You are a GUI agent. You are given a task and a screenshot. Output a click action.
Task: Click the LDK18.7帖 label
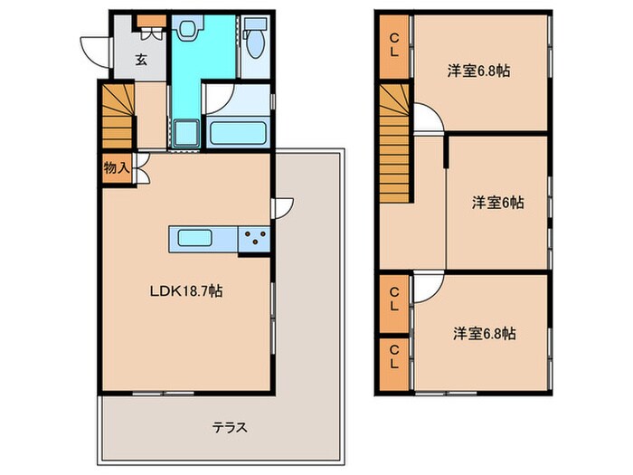(186, 291)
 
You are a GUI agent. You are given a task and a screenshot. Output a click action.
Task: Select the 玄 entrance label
(142, 61)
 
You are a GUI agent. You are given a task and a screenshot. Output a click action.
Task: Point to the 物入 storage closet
(116, 168)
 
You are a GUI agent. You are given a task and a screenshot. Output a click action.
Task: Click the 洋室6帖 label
(497, 203)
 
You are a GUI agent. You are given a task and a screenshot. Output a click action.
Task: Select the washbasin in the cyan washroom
(187, 30)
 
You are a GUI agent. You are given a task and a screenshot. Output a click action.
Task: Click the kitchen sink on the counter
(195, 240)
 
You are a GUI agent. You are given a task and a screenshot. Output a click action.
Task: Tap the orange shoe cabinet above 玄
(151, 21)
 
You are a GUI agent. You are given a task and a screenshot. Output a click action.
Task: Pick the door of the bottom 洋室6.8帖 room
(425, 289)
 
